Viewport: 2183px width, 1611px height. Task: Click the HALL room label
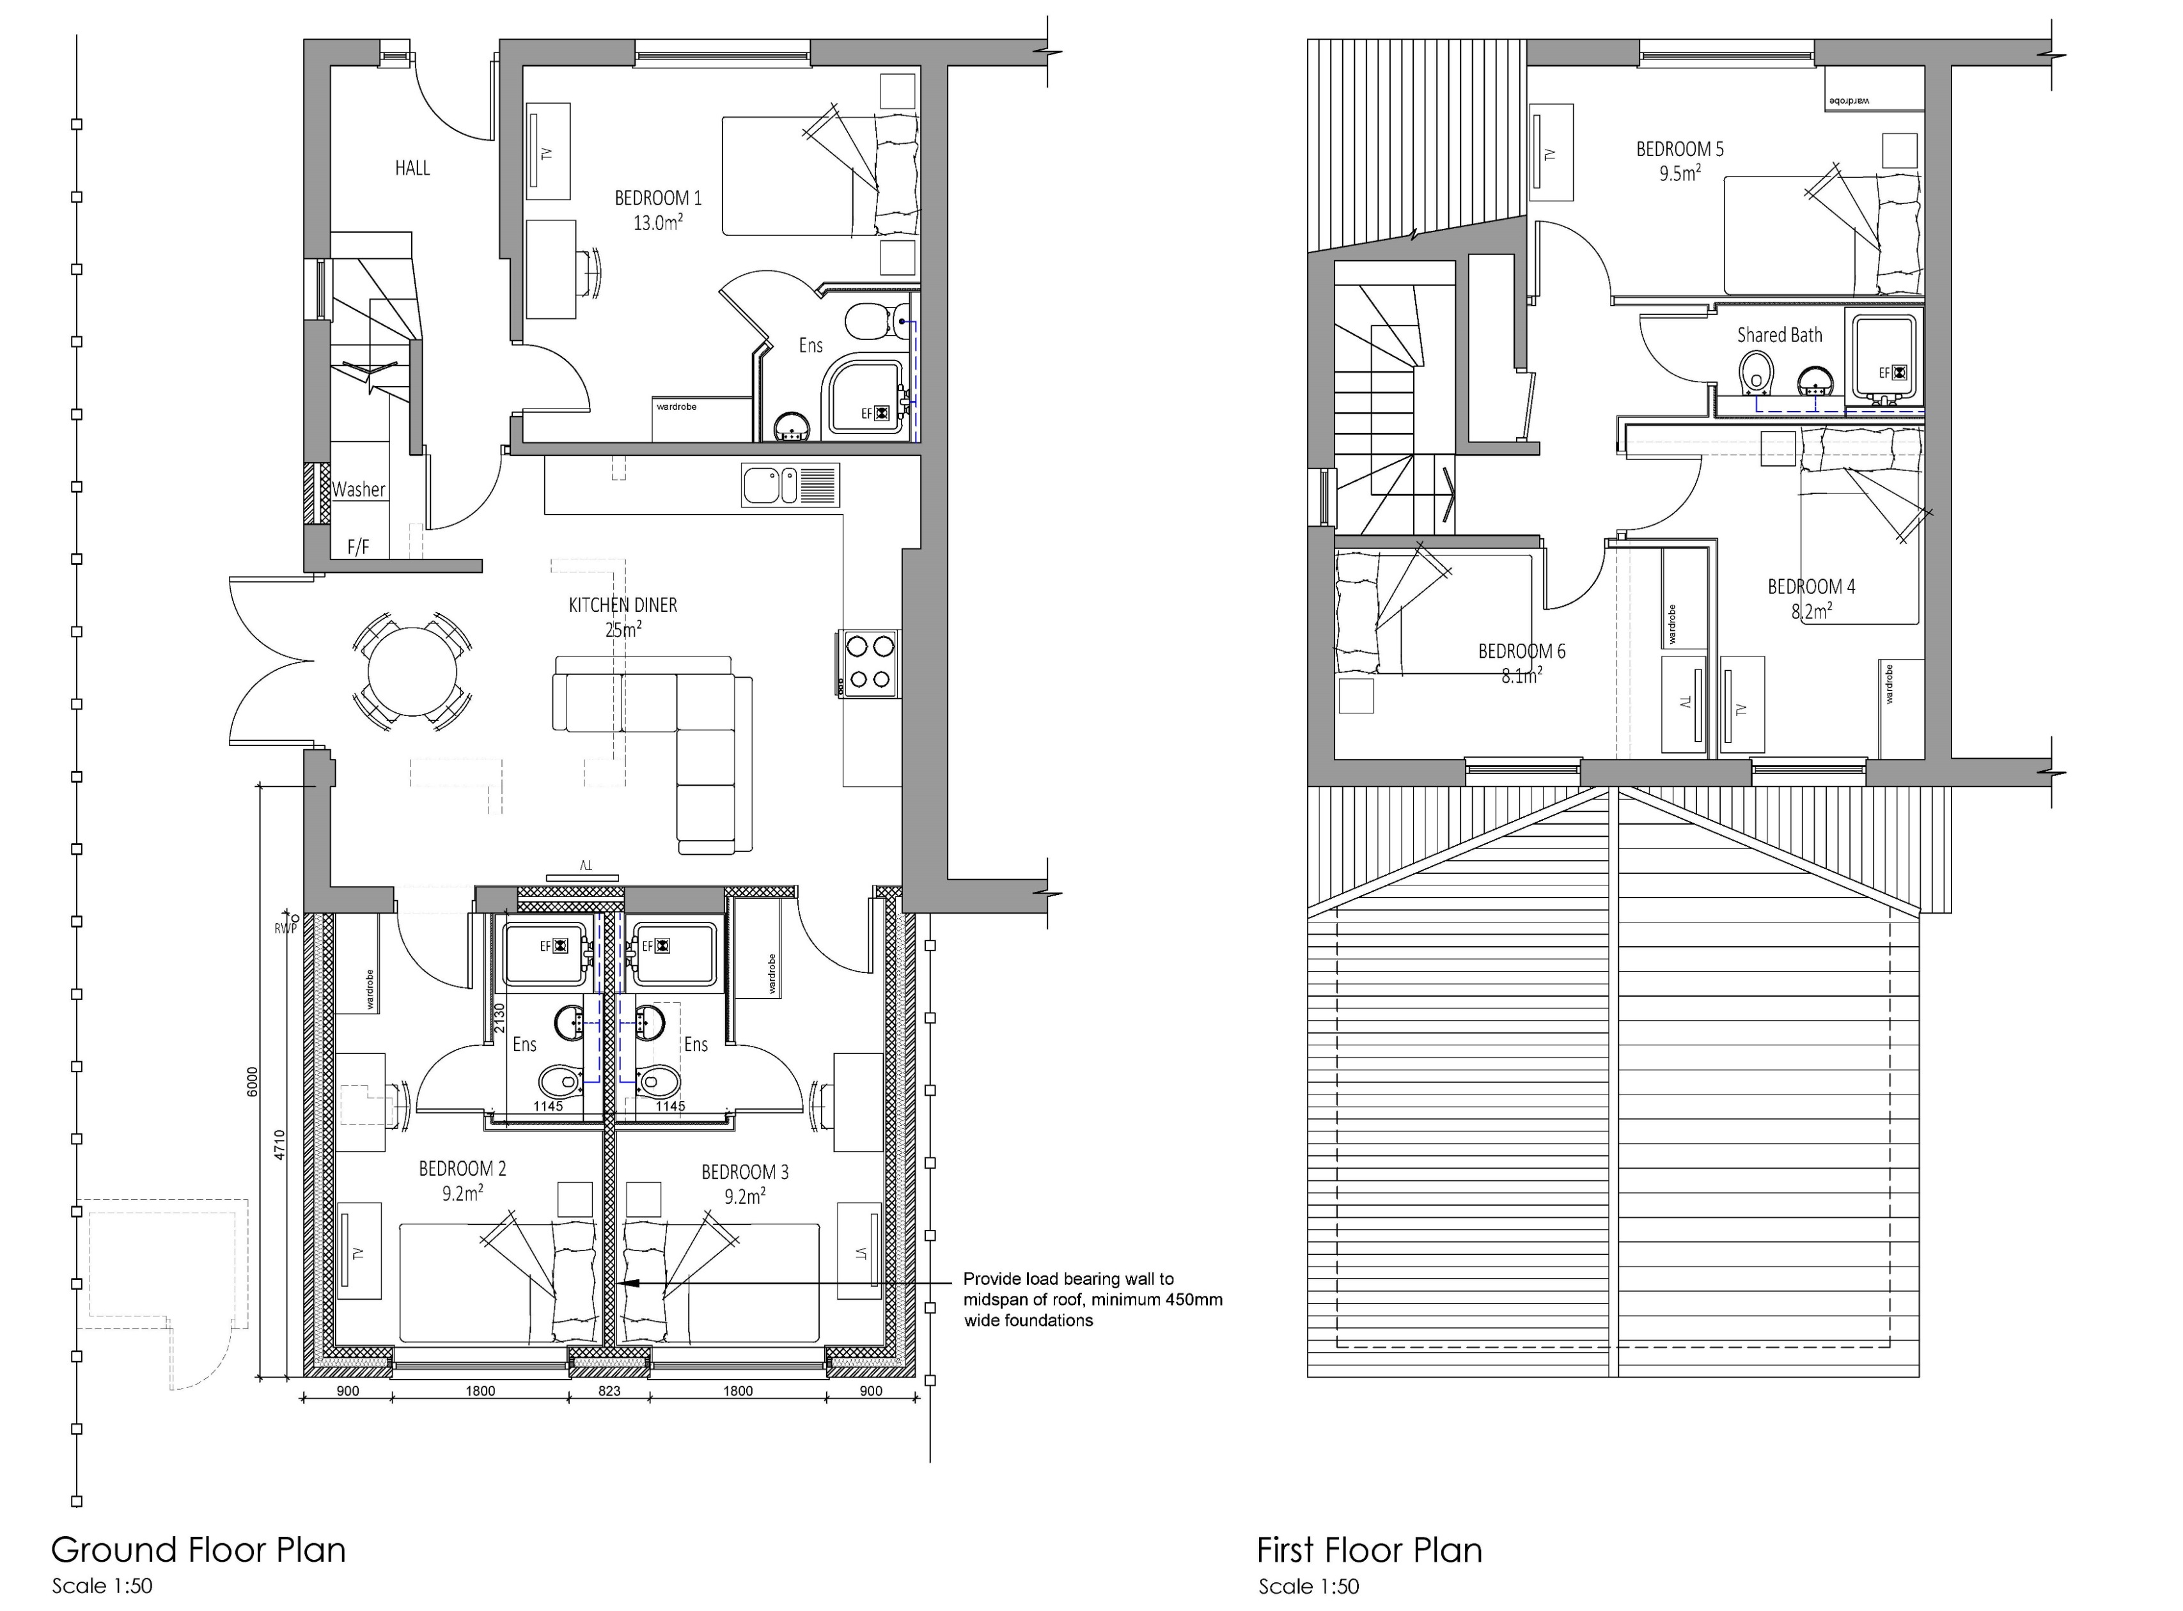(x=412, y=167)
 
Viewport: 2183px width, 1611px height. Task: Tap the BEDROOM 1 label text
(x=657, y=198)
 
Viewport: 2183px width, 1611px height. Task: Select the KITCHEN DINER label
(x=622, y=605)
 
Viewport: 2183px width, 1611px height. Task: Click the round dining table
(x=412, y=674)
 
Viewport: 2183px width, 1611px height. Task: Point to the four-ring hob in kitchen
(x=869, y=663)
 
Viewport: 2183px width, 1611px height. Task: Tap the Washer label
(x=358, y=490)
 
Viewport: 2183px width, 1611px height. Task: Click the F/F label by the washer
(x=358, y=547)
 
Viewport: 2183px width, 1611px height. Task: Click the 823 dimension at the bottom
(x=609, y=1390)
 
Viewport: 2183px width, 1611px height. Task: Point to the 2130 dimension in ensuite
(x=499, y=1018)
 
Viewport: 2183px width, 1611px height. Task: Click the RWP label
(x=285, y=928)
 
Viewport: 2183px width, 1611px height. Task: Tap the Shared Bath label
(x=1779, y=334)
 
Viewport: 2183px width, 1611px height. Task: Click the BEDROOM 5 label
(x=1680, y=149)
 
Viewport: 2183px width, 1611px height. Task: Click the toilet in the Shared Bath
(x=1756, y=371)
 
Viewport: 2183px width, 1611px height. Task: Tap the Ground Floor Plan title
(x=198, y=1550)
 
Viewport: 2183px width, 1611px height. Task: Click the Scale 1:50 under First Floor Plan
(x=1308, y=1587)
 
